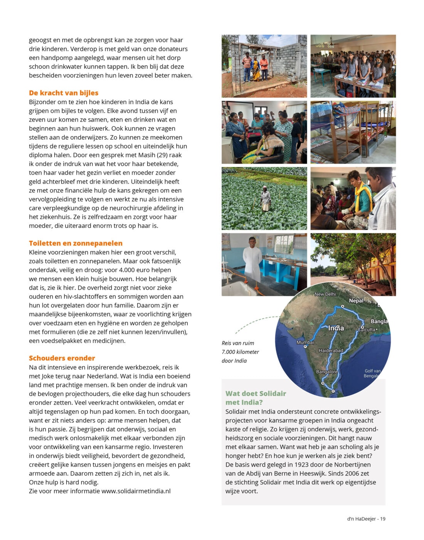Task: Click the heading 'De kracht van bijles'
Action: (64, 93)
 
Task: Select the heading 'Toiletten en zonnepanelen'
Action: (76, 243)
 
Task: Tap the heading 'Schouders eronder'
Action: (62, 358)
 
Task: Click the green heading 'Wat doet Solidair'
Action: (256, 394)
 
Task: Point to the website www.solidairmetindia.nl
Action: (136, 491)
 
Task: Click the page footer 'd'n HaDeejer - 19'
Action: (366, 519)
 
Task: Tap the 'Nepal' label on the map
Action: (356, 301)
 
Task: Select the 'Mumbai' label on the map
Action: (305, 343)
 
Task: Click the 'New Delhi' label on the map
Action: (325, 294)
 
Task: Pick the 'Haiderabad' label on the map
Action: (331, 351)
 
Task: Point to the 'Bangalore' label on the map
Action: (326, 372)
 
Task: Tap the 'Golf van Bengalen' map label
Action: (372, 373)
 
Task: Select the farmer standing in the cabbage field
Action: (266, 199)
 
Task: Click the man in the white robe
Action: (252, 259)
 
